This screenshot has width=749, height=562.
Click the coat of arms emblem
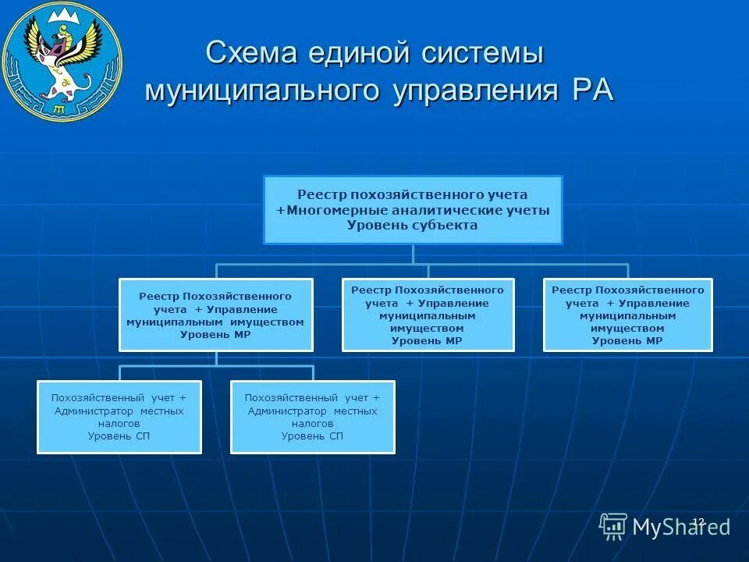(x=62, y=61)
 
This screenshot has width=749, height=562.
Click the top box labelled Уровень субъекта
(x=413, y=210)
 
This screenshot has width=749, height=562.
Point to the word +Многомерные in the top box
(x=322, y=210)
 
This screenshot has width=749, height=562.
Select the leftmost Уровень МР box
(x=216, y=315)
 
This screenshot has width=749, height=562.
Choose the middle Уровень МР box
(x=428, y=315)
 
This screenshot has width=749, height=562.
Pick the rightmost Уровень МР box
(x=628, y=315)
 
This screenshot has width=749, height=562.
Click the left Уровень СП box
(x=119, y=417)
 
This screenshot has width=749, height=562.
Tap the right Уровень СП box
(x=313, y=417)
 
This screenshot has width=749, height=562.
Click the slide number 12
(x=698, y=521)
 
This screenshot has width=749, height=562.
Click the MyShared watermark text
(x=682, y=527)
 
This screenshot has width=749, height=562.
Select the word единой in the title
(x=360, y=55)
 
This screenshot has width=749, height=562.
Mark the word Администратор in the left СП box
(x=95, y=411)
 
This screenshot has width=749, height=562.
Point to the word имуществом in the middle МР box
(x=428, y=329)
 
